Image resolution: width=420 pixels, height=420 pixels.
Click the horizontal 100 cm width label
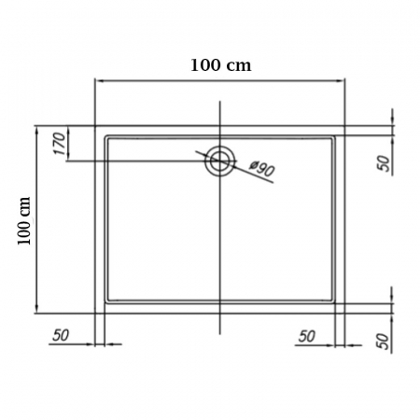pos(220,65)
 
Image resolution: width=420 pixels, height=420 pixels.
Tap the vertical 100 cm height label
pos(24,221)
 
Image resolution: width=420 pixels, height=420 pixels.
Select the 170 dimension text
pos(60,144)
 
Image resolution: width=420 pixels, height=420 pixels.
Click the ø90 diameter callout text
pos(262,168)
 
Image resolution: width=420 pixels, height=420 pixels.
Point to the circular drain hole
pos(220,161)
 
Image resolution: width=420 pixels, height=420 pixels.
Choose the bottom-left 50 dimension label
pos(61,335)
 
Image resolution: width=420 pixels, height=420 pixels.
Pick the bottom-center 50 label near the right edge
pos(307,336)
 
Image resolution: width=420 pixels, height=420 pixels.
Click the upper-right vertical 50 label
pos(384,163)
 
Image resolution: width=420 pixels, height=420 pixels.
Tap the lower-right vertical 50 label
pos(384,342)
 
